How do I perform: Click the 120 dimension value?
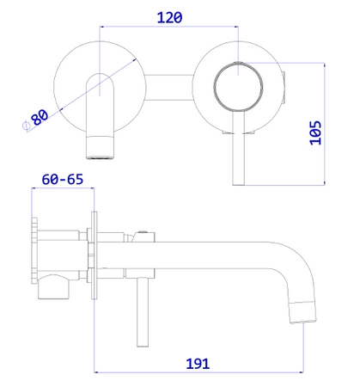tap(169, 18)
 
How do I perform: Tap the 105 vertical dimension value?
tap(315, 133)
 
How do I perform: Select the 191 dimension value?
tap(198, 364)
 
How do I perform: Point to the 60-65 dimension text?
tap(63, 180)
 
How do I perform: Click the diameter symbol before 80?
tap(26, 126)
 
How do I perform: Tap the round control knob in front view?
tap(238, 86)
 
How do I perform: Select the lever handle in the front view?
tap(238, 148)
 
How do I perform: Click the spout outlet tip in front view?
tap(100, 148)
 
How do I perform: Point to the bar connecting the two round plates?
tap(169, 88)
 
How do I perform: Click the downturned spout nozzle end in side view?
tap(303, 312)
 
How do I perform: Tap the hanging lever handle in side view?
tap(143, 312)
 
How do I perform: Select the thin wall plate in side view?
tap(95, 255)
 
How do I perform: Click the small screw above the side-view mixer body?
tap(143, 231)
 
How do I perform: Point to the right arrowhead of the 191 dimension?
tap(302, 372)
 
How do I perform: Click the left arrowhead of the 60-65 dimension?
tap(34, 188)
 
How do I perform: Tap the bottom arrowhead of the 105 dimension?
tap(325, 183)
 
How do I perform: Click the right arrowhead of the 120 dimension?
tap(236, 27)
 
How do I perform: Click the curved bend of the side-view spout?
tap(301, 264)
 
